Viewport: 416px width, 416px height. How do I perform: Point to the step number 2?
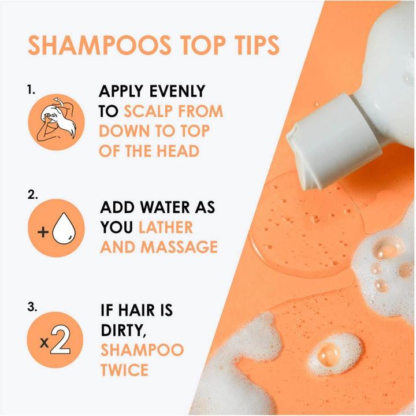pyautogui.click(x=32, y=195)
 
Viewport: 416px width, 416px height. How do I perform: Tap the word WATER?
pyautogui.click(x=164, y=207)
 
